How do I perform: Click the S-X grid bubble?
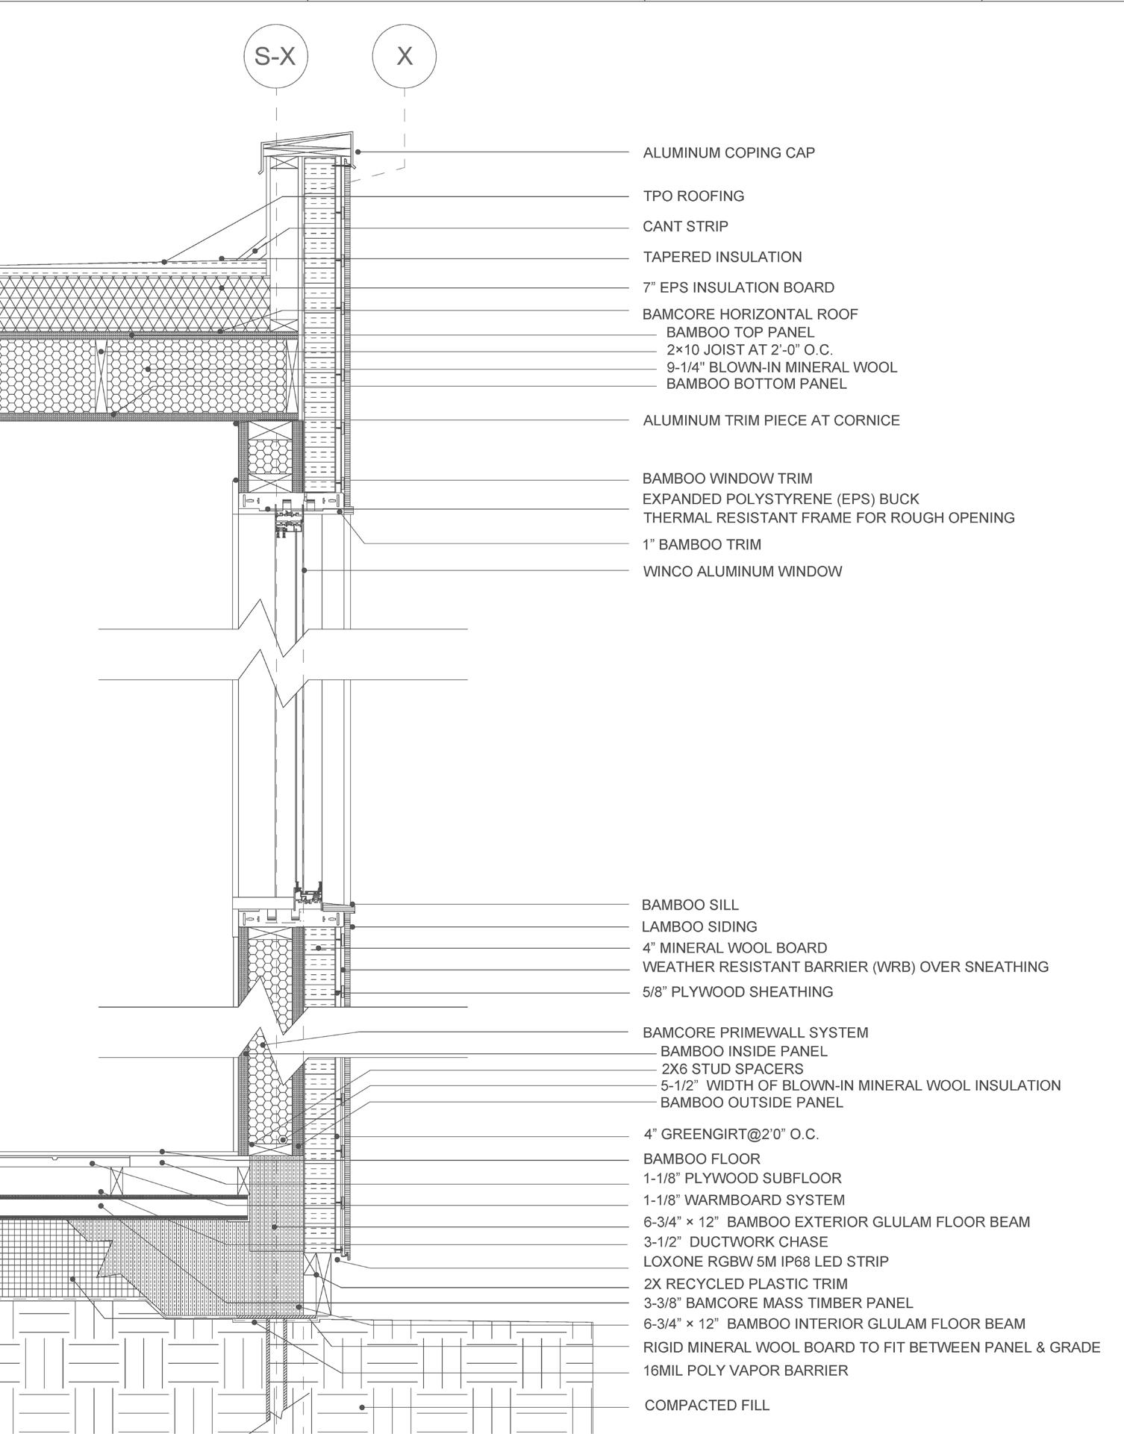pos(275,56)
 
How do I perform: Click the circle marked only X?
pos(405,56)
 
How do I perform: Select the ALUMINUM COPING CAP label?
pos(728,153)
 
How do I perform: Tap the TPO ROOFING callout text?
pos(693,196)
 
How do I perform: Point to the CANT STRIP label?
pos(685,227)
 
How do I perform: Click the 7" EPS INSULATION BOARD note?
pos(738,287)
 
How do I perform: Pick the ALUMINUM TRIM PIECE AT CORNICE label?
pos(771,420)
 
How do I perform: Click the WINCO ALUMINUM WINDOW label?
pos(742,572)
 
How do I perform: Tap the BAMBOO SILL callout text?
pos(690,905)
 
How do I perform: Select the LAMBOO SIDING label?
pos(699,926)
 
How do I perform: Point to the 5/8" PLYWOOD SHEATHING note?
pos(737,992)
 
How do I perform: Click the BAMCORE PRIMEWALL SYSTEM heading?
pos(755,1032)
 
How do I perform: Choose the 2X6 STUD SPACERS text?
pos(732,1069)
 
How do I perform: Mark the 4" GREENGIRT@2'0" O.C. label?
pos(731,1135)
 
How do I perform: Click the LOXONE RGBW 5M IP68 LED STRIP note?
pos(766,1262)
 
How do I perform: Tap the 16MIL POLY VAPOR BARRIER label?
pos(745,1371)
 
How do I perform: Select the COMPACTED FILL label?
pos(706,1406)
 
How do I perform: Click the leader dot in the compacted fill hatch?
pos(362,1407)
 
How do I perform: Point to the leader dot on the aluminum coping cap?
pos(358,152)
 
